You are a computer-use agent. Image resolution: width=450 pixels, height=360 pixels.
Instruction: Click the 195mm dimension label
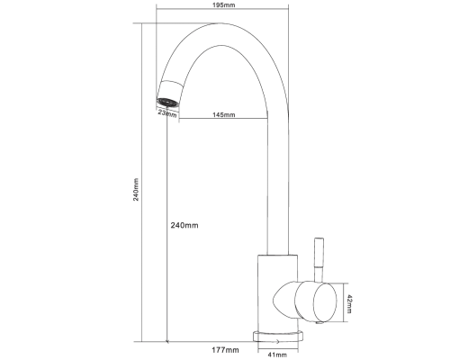pyautogui.click(x=223, y=5)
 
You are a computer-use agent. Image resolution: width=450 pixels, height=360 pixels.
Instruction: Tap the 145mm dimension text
pyautogui.click(x=224, y=114)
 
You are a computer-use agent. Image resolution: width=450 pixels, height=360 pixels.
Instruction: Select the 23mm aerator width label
pyautogui.click(x=167, y=113)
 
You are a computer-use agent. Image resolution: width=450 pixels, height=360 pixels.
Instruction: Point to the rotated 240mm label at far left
pyautogui.click(x=136, y=190)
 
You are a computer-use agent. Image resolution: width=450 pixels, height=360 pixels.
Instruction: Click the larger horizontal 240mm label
pyautogui.click(x=184, y=225)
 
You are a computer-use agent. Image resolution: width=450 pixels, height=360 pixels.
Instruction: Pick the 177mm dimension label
pyautogui.click(x=225, y=350)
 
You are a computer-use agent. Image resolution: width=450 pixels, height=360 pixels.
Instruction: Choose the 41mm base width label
pyautogui.click(x=277, y=355)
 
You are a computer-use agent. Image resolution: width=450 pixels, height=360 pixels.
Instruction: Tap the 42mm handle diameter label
pyautogui.click(x=349, y=304)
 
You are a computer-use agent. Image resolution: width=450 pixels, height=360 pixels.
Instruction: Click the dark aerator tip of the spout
pyautogui.click(x=168, y=103)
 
